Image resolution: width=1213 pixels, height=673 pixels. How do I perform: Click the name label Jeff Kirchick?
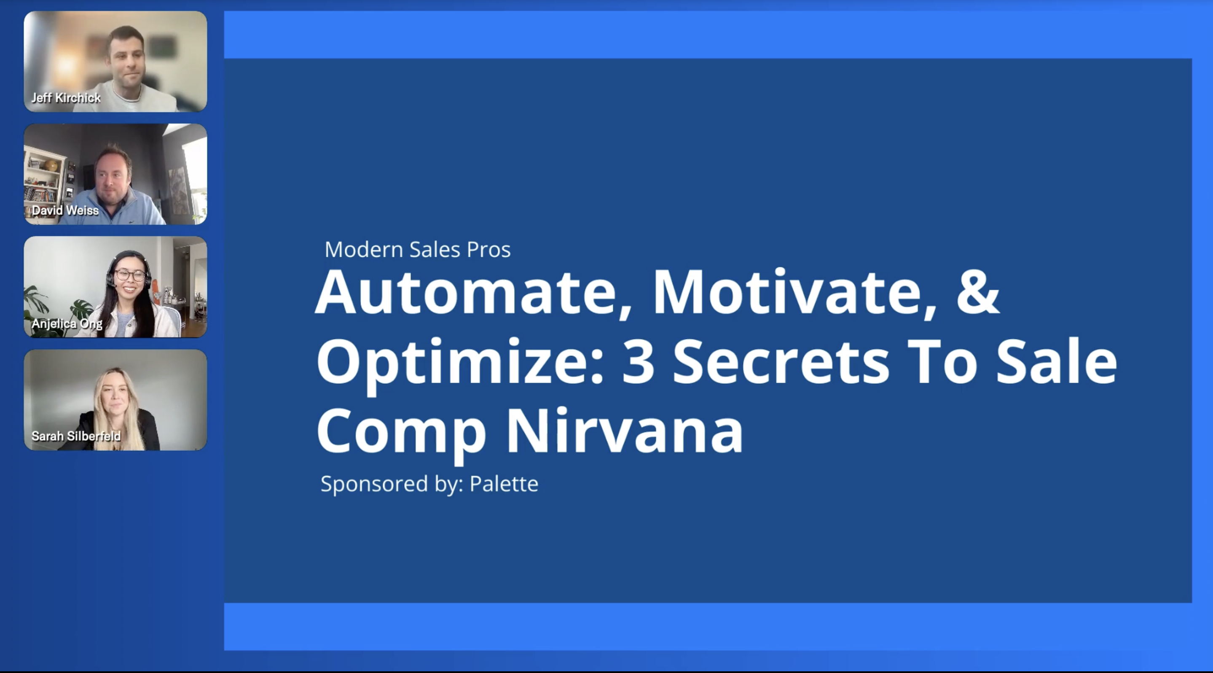pos(66,97)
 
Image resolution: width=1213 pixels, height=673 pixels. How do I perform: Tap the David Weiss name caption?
pos(65,210)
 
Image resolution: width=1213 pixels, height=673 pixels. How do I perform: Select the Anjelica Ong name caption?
pos(67,323)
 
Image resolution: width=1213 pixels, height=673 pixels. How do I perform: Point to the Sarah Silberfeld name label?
pos(76,436)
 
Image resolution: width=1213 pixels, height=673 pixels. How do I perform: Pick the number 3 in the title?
pos(639,362)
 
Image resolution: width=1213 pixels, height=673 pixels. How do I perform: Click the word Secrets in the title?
pos(781,362)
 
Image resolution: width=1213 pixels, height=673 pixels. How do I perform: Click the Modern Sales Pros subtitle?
pos(418,249)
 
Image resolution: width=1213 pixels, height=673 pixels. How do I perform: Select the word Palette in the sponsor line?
pos(504,484)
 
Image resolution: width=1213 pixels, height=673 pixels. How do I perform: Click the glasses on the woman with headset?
pos(129,274)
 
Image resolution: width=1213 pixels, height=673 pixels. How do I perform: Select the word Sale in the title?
pos(1057,362)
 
